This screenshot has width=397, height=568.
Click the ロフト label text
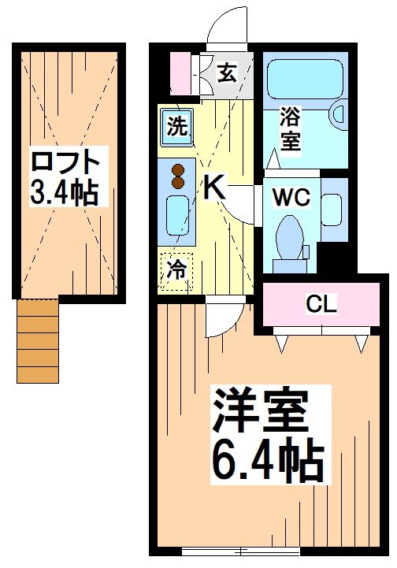pyautogui.click(x=66, y=163)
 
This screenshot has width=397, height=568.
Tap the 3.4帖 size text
pyautogui.click(x=66, y=191)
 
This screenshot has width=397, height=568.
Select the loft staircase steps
pyautogui.click(x=38, y=342)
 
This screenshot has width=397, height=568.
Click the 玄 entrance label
pyautogui.click(x=227, y=76)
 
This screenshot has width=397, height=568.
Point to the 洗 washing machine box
pyautogui.click(x=178, y=128)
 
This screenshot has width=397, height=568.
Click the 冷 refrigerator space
pyautogui.click(x=176, y=270)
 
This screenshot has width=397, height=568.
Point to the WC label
pyautogui.click(x=291, y=196)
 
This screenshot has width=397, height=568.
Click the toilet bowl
pyautogui.click(x=291, y=236)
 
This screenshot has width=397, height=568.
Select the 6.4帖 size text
pyautogui.click(x=267, y=461)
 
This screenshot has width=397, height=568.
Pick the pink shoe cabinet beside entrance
pyautogui.click(x=181, y=73)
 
